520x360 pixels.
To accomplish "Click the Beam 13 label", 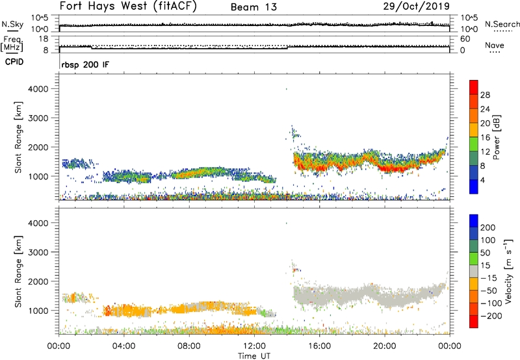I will [x=254, y=7].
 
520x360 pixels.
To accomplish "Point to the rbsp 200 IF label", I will [x=84, y=64].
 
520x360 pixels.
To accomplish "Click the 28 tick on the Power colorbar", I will [x=486, y=95].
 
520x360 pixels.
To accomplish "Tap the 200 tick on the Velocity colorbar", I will [x=489, y=228].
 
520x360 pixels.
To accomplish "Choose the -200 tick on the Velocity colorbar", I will [x=490, y=314].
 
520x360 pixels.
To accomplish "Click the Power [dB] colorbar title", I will [x=506, y=137].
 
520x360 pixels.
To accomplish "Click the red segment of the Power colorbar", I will [x=474, y=87].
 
